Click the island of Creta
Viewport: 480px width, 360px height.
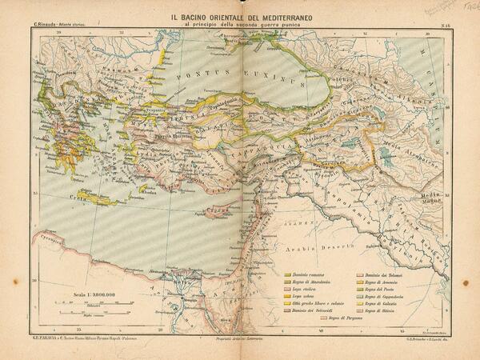(96, 197)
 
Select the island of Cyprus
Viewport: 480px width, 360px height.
(214, 212)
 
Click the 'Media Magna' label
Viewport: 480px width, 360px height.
(433, 198)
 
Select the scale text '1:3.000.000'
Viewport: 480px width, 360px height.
(95, 293)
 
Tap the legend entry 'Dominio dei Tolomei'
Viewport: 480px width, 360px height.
(385, 274)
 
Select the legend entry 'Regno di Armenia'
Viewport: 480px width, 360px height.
(383, 284)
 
